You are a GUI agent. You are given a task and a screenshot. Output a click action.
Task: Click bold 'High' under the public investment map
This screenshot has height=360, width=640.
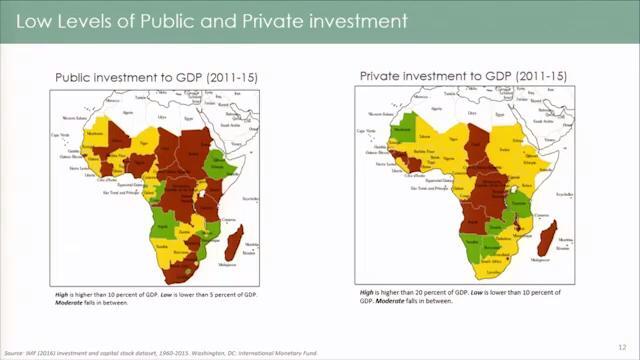click(x=62, y=297)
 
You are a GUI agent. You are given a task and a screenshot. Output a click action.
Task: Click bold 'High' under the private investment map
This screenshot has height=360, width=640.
click(x=367, y=291)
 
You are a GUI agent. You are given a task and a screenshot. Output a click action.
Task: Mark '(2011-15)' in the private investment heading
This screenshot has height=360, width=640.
click(x=537, y=75)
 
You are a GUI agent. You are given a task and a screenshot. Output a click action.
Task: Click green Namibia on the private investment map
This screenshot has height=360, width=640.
click(x=473, y=244)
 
